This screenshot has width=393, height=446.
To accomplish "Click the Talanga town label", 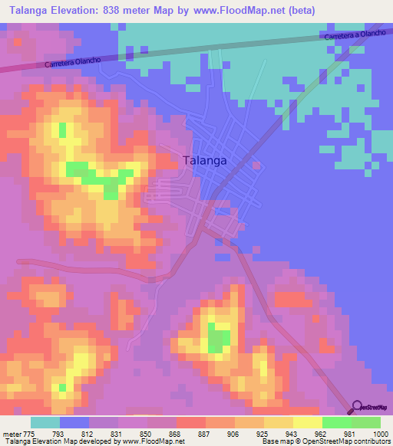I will [205, 161].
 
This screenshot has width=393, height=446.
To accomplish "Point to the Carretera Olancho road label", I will [74, 63].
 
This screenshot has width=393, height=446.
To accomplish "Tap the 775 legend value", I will [29, 434].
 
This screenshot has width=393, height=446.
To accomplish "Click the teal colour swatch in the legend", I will [45, 423].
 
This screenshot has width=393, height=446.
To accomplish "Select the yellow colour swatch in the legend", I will [307, 423].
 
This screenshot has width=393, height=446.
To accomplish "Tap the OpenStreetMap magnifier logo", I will [356, 407].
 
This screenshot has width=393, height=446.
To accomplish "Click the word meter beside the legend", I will [11, 434].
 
